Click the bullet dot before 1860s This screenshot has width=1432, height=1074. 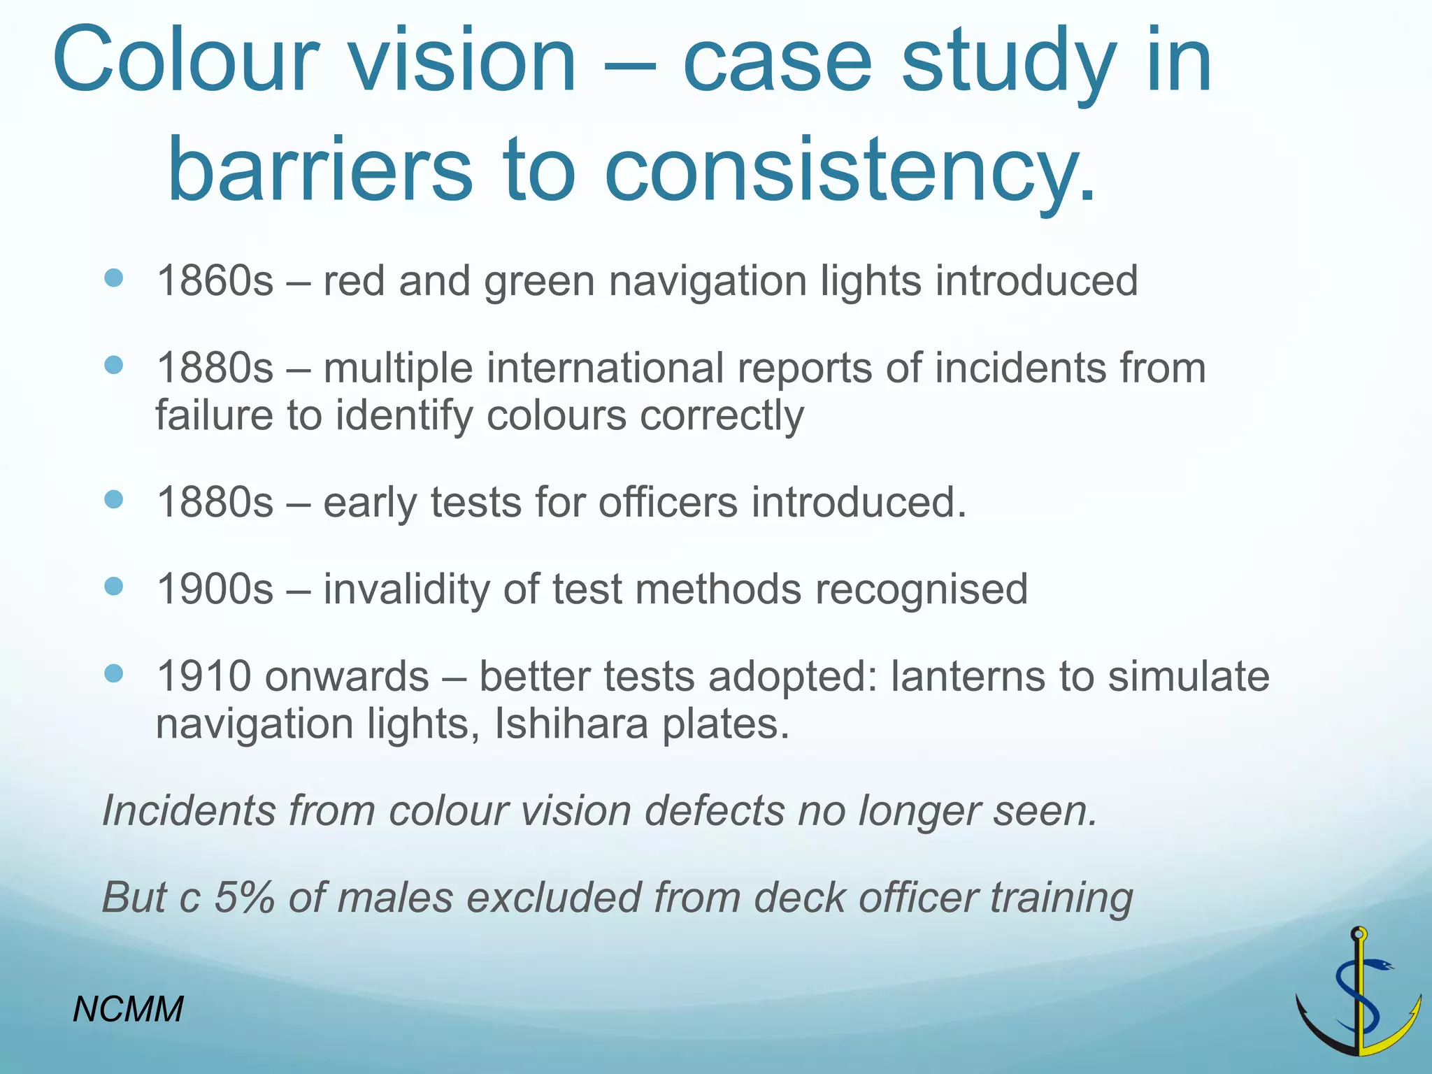pos(113,278)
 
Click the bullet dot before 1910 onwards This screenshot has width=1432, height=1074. pos(113,673)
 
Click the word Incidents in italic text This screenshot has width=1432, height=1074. pos(189,810)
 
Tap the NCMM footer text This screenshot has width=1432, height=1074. pos(128,1009)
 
